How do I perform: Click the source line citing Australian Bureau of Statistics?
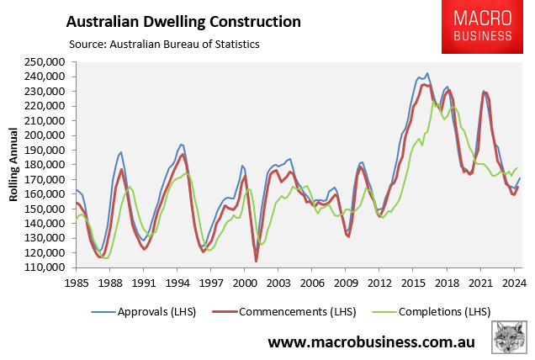pyautogui.click(x=164, y=43)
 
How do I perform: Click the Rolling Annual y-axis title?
pyautogui.click(x=14, y=165)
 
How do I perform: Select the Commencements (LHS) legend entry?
pyautogui.click(x=289, y=311)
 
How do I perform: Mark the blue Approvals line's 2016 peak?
pyautogui.click(x=427, y=74)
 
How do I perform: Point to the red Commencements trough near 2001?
pyautogui.click(x=256, y=261)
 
